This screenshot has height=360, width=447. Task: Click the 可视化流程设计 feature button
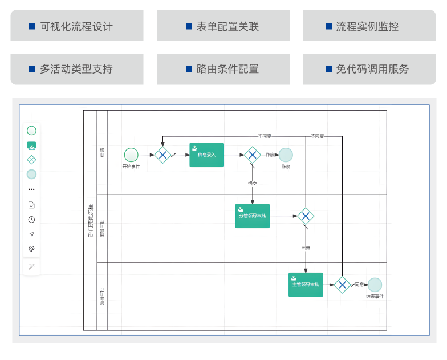pos(76,26)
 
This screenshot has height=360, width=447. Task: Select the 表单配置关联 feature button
pos(222,26)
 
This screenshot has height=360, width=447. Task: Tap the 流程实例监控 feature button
pos(368,26)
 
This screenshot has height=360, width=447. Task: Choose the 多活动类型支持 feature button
pos(76,69)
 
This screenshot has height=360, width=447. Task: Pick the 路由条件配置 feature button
pos(222,69)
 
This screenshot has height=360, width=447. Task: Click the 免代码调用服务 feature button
pos(368,69)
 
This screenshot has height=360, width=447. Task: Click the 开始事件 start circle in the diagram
pos(131,155)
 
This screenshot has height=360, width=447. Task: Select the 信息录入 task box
pos(206,155)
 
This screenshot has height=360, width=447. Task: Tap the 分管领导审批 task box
pos(252,216)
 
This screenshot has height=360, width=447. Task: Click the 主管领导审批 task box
pos(306,285)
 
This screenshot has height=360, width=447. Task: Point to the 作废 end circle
pos(286,155)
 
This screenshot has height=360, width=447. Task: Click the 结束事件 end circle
pos(375,285)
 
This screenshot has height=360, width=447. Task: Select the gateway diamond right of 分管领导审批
pos(306,216)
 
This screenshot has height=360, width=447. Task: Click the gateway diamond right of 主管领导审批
pos(342,285)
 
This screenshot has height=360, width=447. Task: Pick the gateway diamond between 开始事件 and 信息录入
pos(162,155)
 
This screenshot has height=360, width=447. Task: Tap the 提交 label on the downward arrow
pos(252,184)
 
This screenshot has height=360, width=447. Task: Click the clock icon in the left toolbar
pos(31,219)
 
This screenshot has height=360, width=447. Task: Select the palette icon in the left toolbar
pos(31,249)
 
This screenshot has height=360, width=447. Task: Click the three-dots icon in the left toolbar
pos(31,189)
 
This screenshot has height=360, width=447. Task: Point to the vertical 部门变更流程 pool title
pos(90,220)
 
